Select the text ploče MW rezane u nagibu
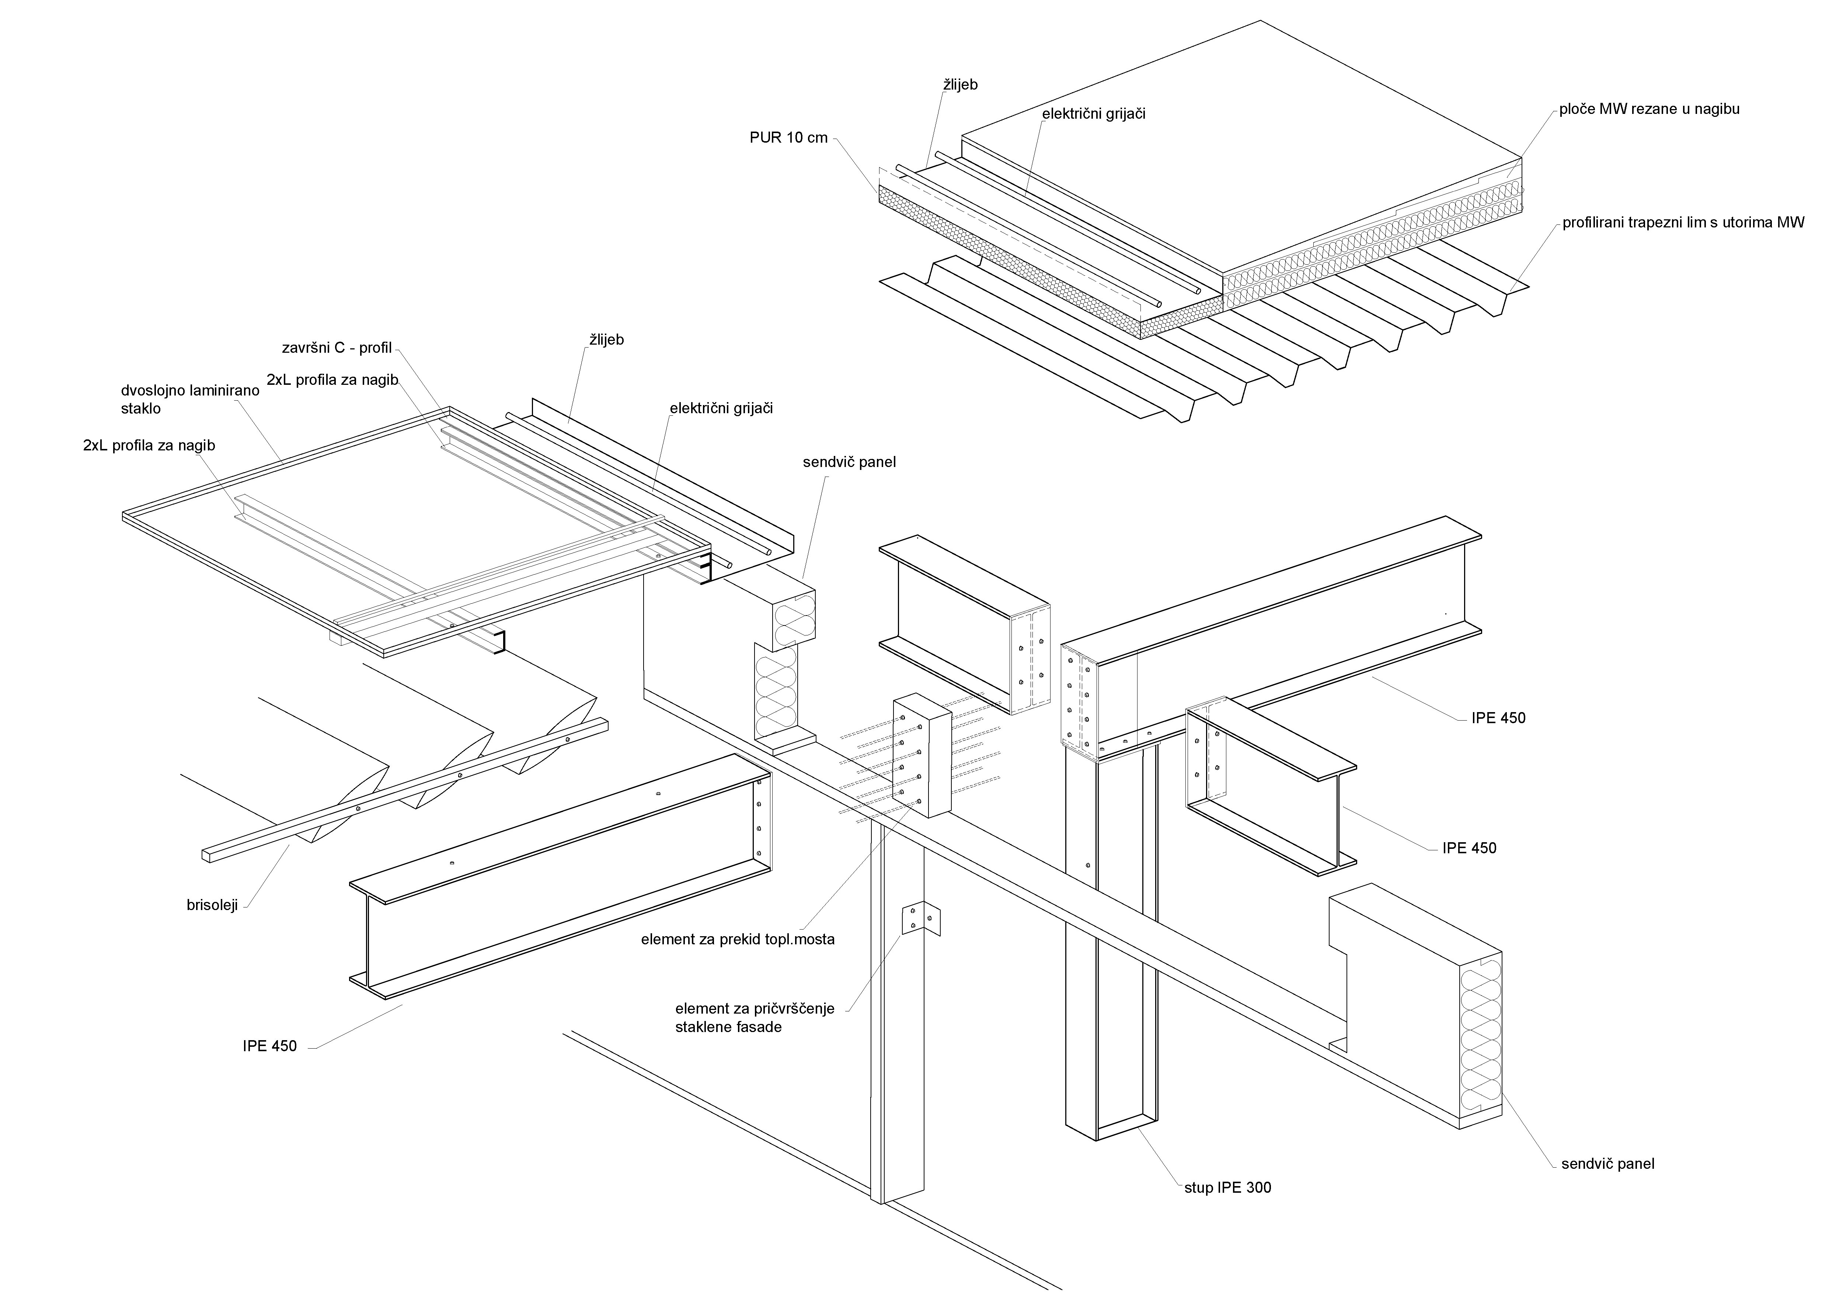1649,109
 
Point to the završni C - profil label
337,348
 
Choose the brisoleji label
212,905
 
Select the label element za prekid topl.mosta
738,939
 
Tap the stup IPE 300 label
1227,1188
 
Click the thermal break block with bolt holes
922,757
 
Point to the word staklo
141,409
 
